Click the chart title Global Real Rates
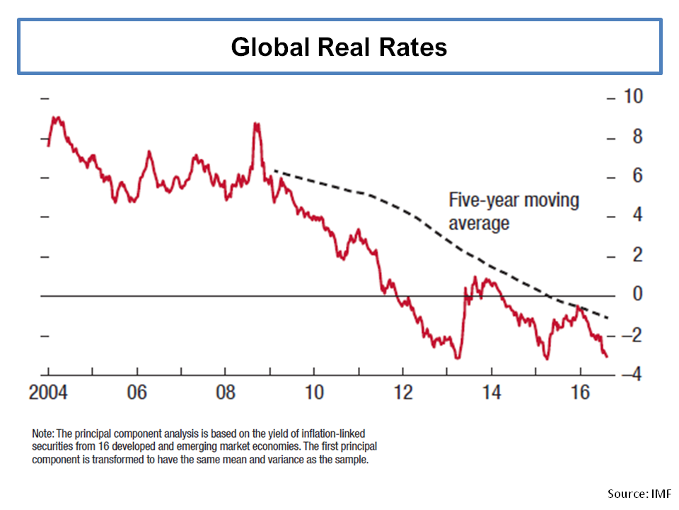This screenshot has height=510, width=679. tap(339, 47)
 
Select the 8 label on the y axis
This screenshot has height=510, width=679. tap(637, 136)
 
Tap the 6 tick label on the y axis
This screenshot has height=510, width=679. tap(637, 176)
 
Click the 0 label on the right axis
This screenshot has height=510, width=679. tap(637, 295)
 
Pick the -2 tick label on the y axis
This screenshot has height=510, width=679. tap(634, 335)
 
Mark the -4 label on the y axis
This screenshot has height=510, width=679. tap(634, 374)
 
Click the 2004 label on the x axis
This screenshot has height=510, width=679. tap(48, 392)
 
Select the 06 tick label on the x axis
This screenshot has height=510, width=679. tap(137, 392)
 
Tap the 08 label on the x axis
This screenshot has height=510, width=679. tap(225, 392)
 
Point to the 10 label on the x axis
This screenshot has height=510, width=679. tap(313, 392)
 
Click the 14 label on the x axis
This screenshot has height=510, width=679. tap(491, 392)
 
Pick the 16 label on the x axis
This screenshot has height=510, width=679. tap(579, 392)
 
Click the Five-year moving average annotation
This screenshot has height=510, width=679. tap(513, 211)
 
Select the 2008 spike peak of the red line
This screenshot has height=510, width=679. tap(256, 125)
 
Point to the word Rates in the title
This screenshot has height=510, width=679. tap(412, 47)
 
